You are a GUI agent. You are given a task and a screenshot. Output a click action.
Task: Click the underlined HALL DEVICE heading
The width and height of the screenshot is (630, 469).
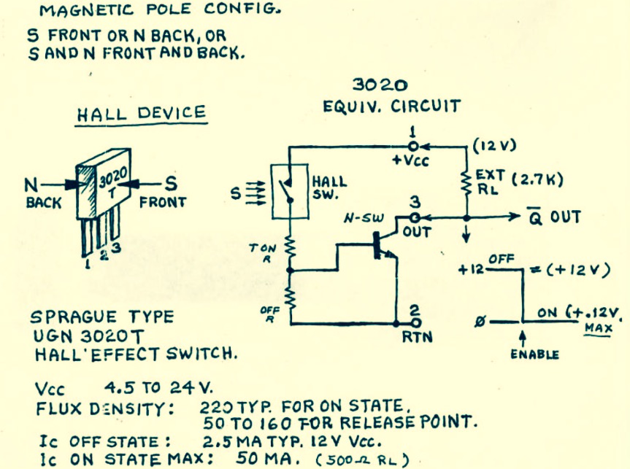click(142, 114)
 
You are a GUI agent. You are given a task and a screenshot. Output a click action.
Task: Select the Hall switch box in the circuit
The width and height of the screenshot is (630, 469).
click(290, 192)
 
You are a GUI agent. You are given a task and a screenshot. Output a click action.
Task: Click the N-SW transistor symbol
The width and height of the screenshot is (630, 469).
click(384, 244)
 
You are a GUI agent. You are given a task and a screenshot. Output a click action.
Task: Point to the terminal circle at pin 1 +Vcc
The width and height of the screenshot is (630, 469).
click(413, 146)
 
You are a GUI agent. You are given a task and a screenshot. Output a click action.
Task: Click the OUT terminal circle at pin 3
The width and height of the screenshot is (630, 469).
click(415, 218)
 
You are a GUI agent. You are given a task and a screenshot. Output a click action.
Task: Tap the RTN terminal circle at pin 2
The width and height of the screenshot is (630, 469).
click(416, 323)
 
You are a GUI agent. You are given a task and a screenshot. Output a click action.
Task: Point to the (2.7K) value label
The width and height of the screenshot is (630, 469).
click(537, 179)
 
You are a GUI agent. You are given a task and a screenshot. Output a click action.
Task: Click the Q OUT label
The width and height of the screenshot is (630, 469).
click(553, 217)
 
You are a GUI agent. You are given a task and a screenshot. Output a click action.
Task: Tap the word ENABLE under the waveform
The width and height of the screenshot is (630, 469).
click(534, 354)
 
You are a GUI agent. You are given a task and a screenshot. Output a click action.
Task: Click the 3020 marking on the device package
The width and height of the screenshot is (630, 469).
click(113, 177)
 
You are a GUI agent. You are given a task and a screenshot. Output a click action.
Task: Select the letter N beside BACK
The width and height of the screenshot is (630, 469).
click(31, 185)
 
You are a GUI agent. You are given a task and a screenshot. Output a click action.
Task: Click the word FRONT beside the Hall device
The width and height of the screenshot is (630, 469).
click(163, 202)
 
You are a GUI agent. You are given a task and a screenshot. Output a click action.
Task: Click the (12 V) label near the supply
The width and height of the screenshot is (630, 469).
click(495, 146)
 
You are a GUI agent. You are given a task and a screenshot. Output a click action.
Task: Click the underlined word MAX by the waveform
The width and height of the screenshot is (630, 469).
click(599, 328)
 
